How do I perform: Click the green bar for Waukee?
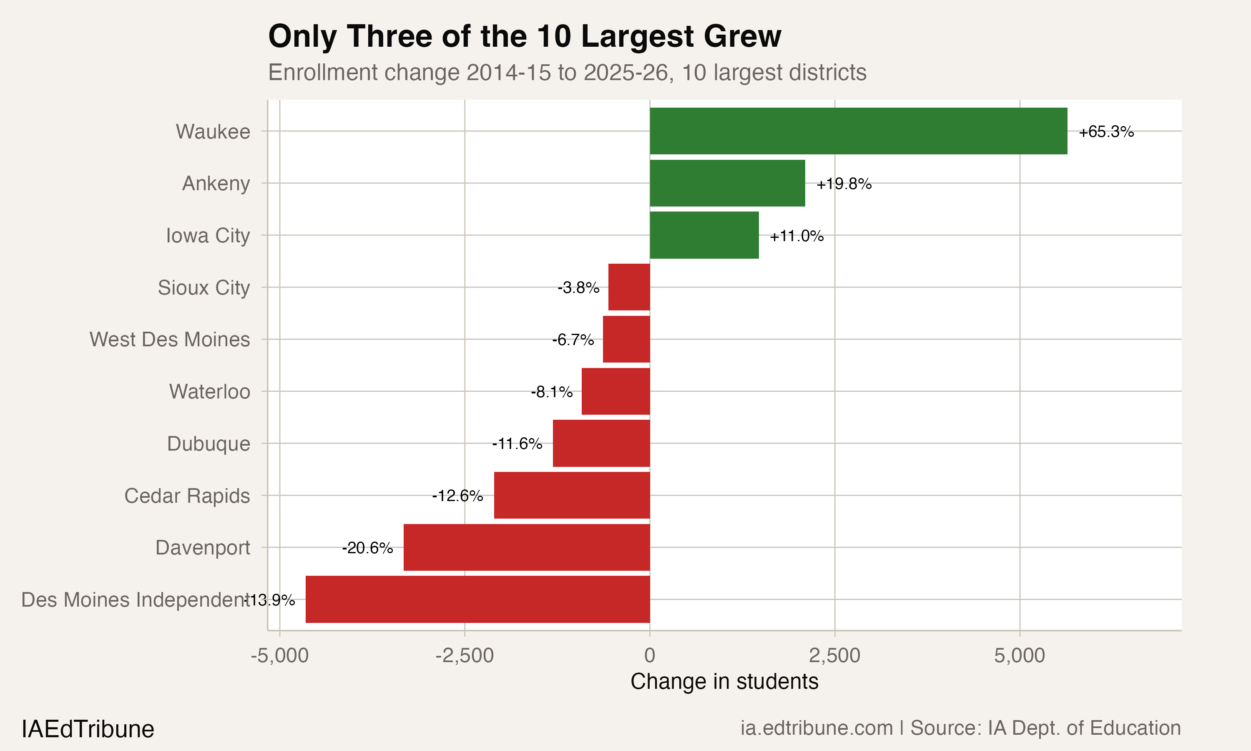(x=858, y=131)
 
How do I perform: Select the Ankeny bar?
(x=727, y=183)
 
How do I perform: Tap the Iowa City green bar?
(x=704, y=235)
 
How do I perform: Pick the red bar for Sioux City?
(x=628, y=287)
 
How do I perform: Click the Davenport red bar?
(x=526, y=547)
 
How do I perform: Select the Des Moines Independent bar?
(x=477, y=599)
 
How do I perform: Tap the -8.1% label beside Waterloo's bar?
(x=552, y=392)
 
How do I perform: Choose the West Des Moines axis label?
(x=169, y=340)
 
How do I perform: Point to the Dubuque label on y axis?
(x=208, y=444)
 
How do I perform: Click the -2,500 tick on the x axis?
(x=464, y=656)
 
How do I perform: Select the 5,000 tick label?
(x=1020, y=656)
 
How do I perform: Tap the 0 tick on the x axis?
(x=650, y=656)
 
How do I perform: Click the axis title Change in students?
(x=724, y=682)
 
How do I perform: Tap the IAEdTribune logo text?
(x=88, y=729)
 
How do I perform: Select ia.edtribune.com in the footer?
(x=816, y=728)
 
